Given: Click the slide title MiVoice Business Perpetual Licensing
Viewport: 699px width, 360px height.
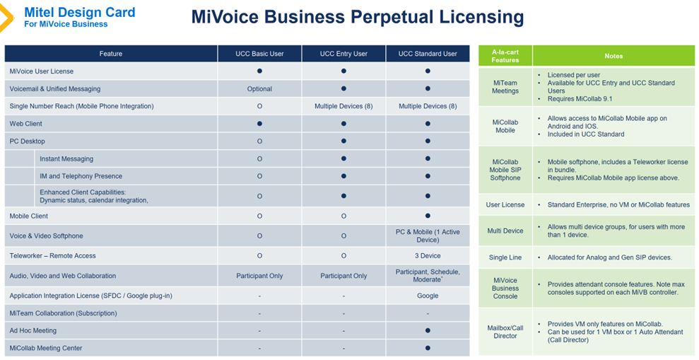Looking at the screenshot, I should pyautogui.click(x=357, y=17).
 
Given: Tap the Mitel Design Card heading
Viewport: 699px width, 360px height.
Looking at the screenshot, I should pyautogui.click(x=79, y=12).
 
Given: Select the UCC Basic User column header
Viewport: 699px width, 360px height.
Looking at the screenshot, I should pyautogui.click(x=259, y=54).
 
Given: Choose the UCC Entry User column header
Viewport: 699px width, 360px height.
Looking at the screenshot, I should pyautogui.click(x=343, y=54).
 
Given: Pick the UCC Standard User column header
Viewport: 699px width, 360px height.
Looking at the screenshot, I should pyautogui.click(x=428, y=54).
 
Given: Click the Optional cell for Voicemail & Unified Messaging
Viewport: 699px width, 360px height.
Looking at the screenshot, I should pyautogui.click(x=259, y=89).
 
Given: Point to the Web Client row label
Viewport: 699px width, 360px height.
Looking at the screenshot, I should pyautogui.click(x=26, y=124).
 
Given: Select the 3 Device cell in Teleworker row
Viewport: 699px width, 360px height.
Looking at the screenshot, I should pyautogui.click(x=428, y=256).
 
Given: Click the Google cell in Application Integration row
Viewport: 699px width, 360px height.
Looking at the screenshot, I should pyautogui.click(x=428, y=296).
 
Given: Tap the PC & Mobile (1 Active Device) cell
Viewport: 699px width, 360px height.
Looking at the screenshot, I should pyautogui.click(x=428, y=236).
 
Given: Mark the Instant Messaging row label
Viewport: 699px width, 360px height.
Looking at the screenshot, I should pyautogui.click(x=66, y=159).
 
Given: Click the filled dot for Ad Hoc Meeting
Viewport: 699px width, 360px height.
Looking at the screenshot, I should pyautogui.click(x=428, y=330).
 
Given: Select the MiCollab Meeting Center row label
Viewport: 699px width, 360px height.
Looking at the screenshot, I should pyautogui.click(x=46, y=348).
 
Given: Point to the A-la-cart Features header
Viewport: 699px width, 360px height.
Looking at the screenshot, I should pyautogui.click(x=505, y=56).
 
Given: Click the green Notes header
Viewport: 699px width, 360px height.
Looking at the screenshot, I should pyautogui.click(x=613, y=56).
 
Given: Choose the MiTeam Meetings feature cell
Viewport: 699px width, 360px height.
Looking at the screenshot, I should pyautogui.click(x=505, y=86).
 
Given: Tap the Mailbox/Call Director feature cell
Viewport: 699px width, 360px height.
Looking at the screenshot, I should pyautogui.click(x=505, y=332).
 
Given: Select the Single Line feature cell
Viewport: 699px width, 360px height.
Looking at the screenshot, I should pyautogui.click(x=505, y=257).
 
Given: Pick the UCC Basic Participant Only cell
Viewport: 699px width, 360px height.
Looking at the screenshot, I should pyautogui.click(x=259, y=276).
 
